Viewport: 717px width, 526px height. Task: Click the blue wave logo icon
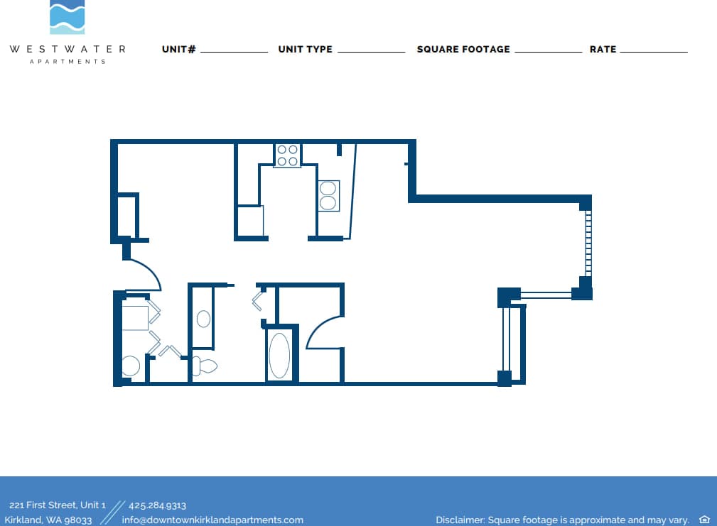click(x=67, y=17)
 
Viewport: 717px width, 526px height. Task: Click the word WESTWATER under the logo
click(x=68, y=49)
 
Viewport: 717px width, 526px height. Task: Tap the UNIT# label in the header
click(x=178, y=50)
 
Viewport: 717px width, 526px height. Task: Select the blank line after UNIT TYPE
click(x=371, y=51)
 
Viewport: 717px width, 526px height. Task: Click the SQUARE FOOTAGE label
click(x=463, y=50)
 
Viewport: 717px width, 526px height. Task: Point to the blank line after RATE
click(x=654, y=51)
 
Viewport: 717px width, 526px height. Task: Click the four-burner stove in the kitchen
click(x=287, y=155)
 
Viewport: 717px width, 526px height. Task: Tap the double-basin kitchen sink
click(x=328, y=195)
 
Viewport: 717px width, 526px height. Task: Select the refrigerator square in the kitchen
click(x=250, y=220)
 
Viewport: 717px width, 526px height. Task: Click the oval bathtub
click(x=279, y=356)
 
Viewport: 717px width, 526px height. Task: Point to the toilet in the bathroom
click(x=205, y=366)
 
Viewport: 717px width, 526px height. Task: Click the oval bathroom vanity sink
click(x=203, y=319)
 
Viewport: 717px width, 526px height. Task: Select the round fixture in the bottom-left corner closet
click(x=131, y=366)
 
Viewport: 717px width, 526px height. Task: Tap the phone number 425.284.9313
click(x=157, y=505)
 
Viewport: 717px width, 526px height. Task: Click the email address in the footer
click(x=212, y=520)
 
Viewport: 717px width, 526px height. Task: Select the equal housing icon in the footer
click(x=704, y=520)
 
